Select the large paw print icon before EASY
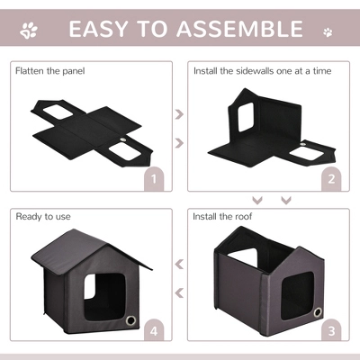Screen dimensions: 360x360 (x=30, y=31)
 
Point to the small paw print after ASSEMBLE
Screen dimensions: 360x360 (x=327, y=31)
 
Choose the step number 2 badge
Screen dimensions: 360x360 (x=331, y=178)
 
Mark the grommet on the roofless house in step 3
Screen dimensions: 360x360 (x=316, y=311)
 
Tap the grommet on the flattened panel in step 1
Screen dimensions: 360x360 (x=123, y=140)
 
